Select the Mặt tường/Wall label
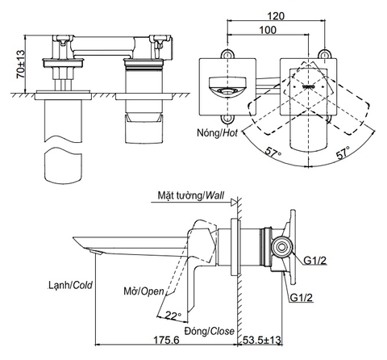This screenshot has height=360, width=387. [x=190, y=195]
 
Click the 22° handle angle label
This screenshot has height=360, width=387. [x=173, y=315]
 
